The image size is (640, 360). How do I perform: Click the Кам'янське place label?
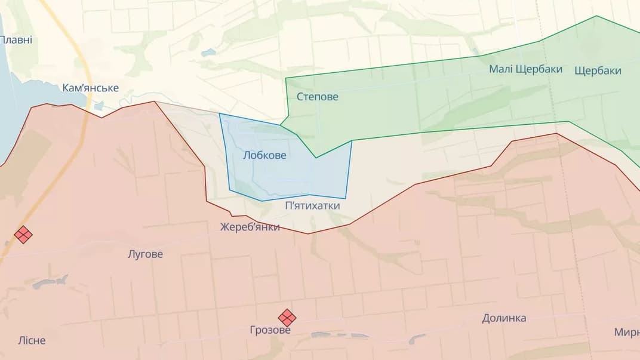point(90,88)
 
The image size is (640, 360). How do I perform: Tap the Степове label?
point(317,96)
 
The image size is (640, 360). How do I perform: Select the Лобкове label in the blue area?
point(264,155)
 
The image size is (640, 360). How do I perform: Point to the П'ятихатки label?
point(312,206)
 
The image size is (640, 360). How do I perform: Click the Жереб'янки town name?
point(250,227)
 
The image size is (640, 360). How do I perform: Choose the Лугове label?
point(145,254)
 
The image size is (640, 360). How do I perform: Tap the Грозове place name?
point(270,330)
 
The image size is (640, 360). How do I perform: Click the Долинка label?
point(504,318)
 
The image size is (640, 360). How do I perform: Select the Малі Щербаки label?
point(525,69)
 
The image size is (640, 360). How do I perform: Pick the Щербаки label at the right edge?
point(598,70)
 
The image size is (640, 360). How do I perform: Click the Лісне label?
point(32,341)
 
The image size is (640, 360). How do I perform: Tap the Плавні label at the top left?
point(16,40)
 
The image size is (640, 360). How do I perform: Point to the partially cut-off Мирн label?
point(626,332)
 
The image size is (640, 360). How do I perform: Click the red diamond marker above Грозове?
point(287,318)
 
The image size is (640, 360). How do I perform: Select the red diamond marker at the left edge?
point(23,234)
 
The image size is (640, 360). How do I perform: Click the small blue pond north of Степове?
point(208,53)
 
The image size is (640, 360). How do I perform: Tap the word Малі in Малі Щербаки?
point(500,69)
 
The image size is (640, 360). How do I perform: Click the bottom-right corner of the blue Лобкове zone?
point(345,198)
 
